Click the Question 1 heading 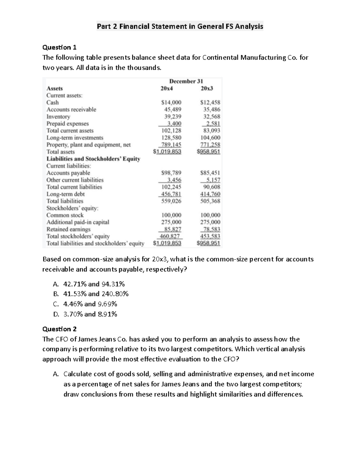[x=59, y=47]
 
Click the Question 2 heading [x=59, y=329]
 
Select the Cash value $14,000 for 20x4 [x=171, y=103]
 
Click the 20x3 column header [x=207, y=89]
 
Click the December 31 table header [x=186, y=81]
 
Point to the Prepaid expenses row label [x=67, y=124]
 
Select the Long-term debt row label [x=65, y=194]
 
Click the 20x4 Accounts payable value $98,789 [x=171, y=173]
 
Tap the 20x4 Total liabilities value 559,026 [x=171, y=201]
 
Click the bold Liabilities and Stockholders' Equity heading [x=93, y=159]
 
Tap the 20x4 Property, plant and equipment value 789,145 [x=171, y=145]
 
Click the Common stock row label [x=65, y=215]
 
